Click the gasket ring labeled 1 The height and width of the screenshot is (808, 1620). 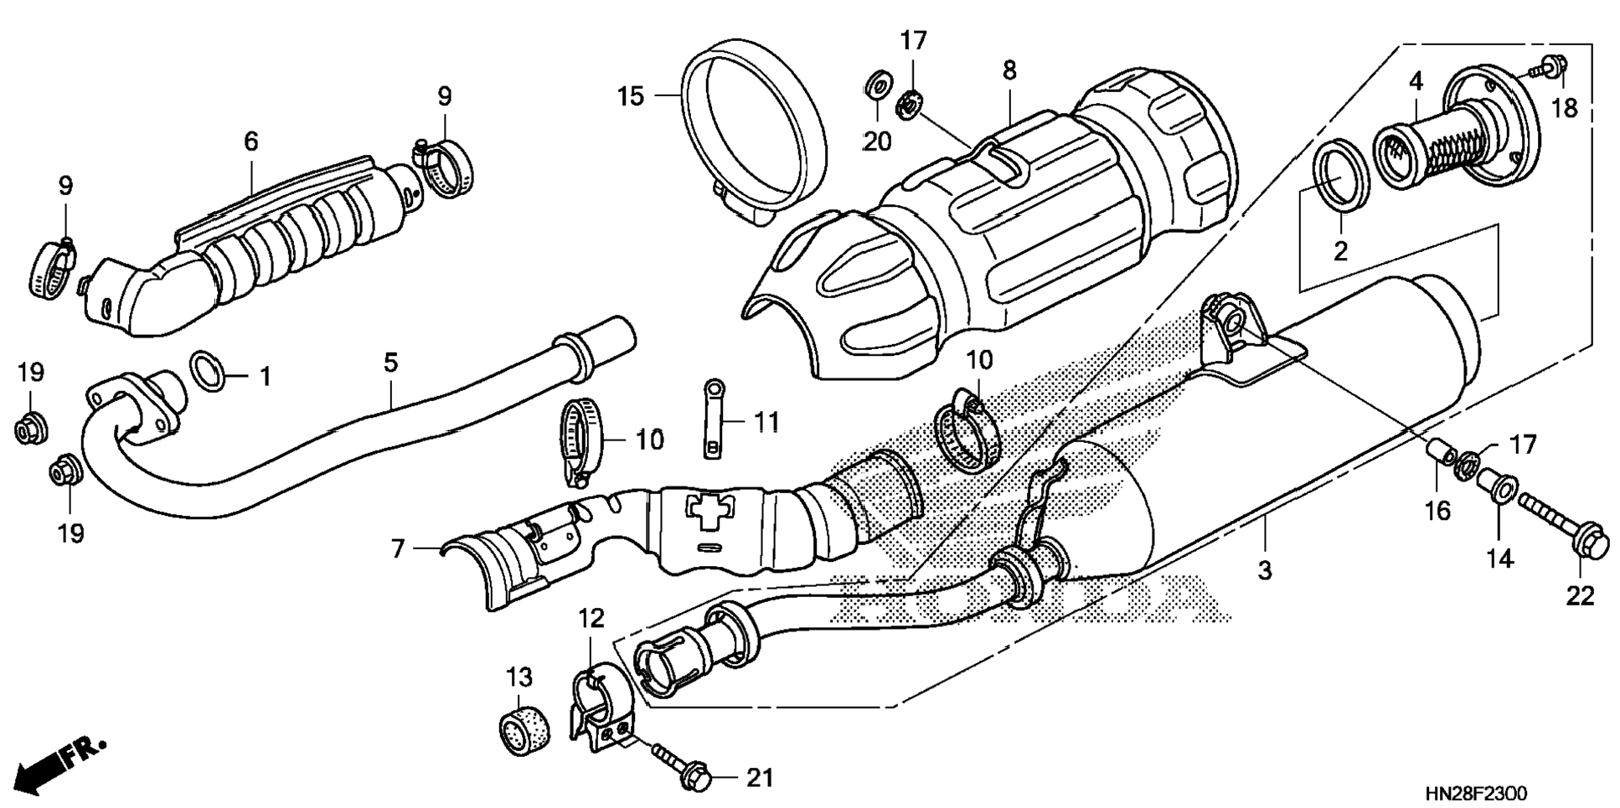click(209, 372)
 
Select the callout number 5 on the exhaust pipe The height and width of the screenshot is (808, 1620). click(390, 363)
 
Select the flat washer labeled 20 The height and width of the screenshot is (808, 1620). click(876, 86)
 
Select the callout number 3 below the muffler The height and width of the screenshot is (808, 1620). click(1264, 571)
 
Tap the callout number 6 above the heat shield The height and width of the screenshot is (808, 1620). click(251, 141)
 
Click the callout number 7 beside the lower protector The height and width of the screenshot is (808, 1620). click(398, 548)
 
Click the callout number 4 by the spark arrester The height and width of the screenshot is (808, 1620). click(1416, 81)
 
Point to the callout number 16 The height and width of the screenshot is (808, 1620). click(1437, 511)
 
